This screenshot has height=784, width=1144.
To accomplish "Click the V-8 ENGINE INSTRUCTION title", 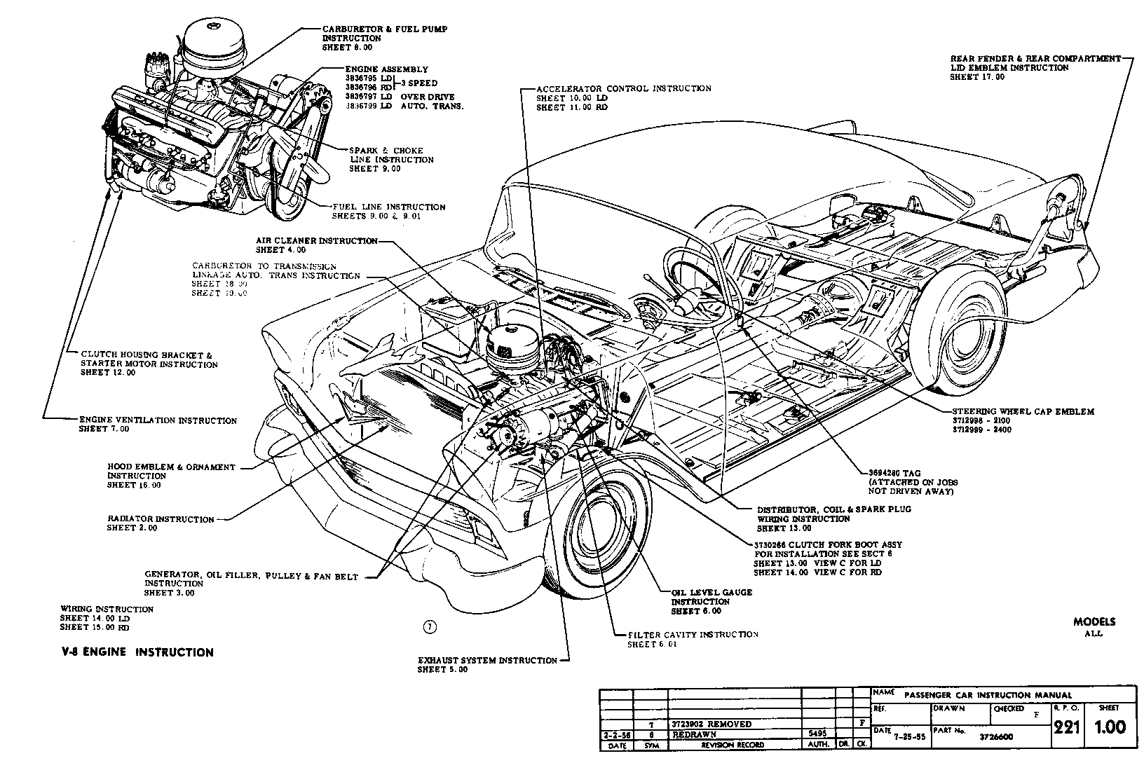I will (137, 652).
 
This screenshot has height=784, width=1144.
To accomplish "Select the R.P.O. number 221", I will (1065, 728).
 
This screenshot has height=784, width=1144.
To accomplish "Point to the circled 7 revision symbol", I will (430, 627).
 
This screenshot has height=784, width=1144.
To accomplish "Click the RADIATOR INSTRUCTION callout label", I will (161, 519).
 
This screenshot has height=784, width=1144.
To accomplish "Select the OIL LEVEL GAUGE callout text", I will (711, 593).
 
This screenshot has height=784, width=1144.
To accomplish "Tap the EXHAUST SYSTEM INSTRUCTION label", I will (487, 660).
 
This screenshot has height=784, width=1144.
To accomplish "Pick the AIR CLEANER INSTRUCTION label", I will (316, 241).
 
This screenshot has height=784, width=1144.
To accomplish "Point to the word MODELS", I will (1094, 621).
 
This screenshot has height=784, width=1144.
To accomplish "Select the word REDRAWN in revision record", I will (694, 734).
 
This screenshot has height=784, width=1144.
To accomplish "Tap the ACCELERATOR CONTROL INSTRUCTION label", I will (623, 89).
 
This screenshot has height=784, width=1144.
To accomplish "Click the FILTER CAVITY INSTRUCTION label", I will (693, 634).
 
